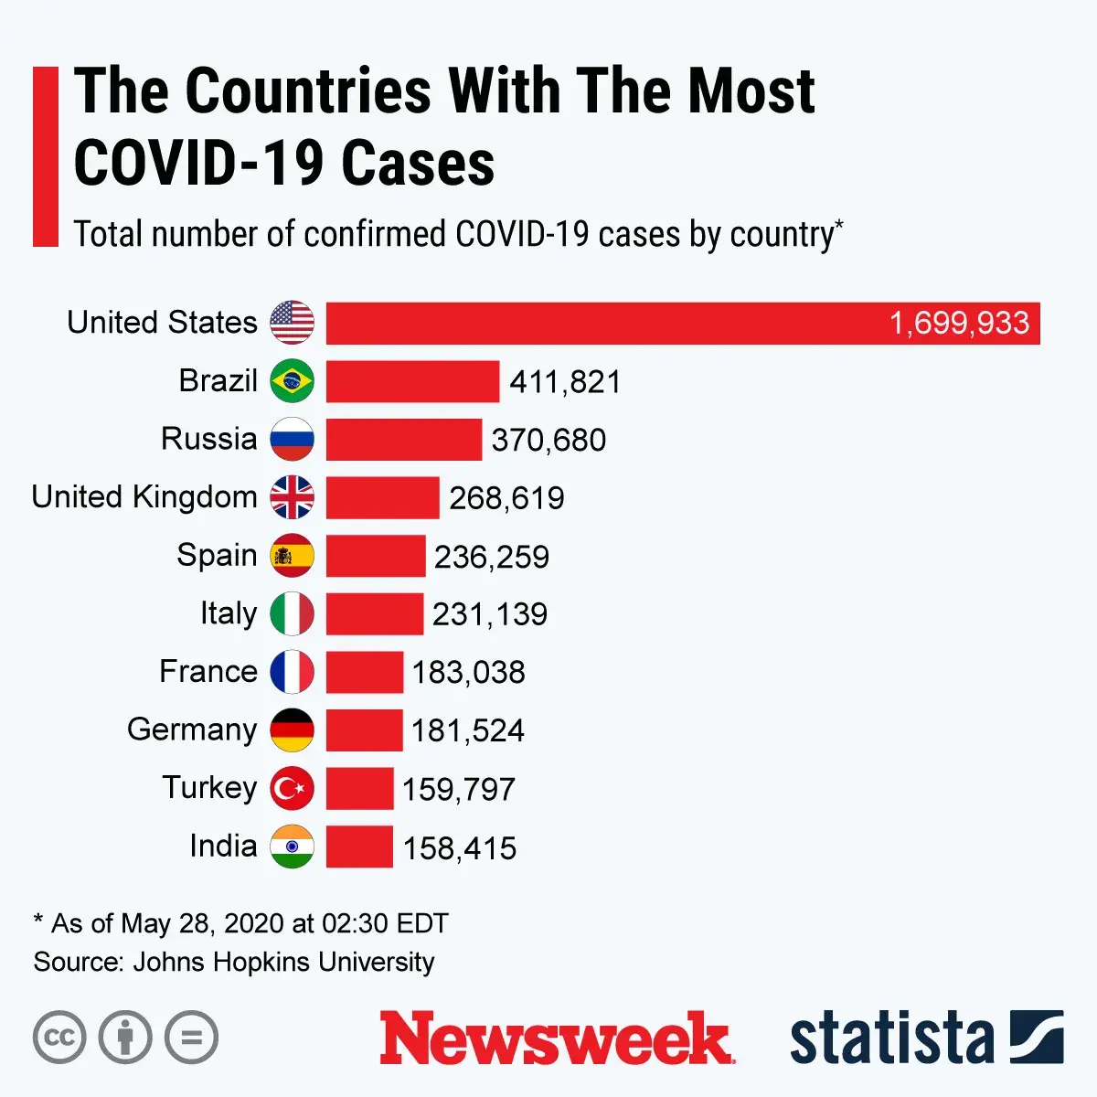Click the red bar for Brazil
(412, 381)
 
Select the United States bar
(603, 324)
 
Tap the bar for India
(359, 847)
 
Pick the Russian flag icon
(292, 440)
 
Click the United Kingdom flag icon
(292, 497)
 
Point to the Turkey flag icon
(292, 788)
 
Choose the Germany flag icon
(292, 730)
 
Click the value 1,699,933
(959, 324)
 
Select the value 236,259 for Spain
(492, 557)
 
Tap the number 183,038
(468, 673)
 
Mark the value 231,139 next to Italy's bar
(490, 614)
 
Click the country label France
(208, 672)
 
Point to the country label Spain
(217, 556)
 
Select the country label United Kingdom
(144, 497)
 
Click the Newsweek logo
(557, 1038)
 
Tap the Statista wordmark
(891, 1038)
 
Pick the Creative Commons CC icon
(59, 1038)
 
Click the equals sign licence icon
(191, 1038)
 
